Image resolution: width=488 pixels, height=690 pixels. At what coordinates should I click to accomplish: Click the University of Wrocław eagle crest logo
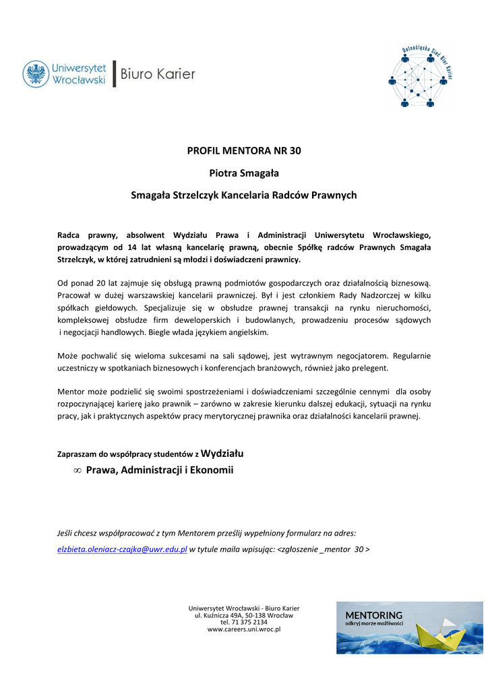click(x=36, y=74)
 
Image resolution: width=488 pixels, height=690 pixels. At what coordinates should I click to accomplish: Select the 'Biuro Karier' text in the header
click(x=158, y=74)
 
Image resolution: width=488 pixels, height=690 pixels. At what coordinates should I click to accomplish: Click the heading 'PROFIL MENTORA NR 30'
click(x=244, y=150)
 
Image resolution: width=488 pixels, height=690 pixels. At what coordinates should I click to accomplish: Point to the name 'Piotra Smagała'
click(x=244, y=173)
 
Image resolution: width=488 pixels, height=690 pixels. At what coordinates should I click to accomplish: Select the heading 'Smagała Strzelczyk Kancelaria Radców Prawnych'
click(x=244, y=195)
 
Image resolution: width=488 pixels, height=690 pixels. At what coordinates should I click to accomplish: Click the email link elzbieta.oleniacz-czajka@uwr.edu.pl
click(x=122, y=549)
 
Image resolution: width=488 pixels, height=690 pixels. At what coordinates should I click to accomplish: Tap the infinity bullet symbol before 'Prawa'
click(x=78, y=470)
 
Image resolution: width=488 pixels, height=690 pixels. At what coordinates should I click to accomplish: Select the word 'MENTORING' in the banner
click(x=374, y=615)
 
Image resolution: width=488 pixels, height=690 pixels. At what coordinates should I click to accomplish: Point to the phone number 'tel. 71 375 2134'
click(x=244, y=622)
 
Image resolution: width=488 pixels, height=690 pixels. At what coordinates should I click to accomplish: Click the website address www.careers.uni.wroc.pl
click(x=244, y=629)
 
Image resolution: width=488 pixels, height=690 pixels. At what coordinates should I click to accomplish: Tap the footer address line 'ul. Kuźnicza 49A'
click(x=244, y=615)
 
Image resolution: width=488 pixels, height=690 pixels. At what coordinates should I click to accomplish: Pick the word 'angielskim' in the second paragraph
click(x=248, y=333)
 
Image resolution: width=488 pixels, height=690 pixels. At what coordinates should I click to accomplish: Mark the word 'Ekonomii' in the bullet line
click(x=213, y=470)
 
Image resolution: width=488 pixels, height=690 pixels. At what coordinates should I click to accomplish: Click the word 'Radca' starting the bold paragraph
click(x=69, y=234)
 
